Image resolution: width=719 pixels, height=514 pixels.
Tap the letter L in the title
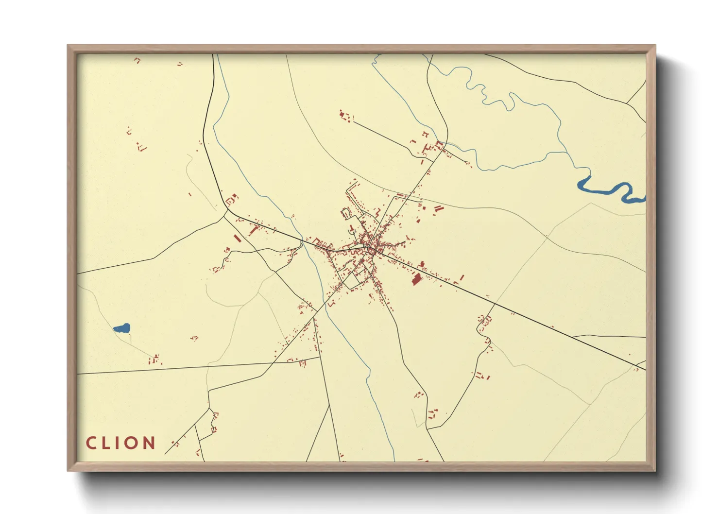108,443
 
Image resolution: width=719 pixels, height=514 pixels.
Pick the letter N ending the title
150,443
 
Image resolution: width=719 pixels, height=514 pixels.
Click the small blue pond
122,328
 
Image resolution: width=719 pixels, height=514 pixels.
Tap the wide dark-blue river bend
607,188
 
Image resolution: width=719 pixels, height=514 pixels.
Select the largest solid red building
416,279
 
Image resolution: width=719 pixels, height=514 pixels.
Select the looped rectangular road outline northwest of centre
346,213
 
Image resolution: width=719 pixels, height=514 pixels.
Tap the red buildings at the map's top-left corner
137,61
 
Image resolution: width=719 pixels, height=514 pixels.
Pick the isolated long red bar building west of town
237,238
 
